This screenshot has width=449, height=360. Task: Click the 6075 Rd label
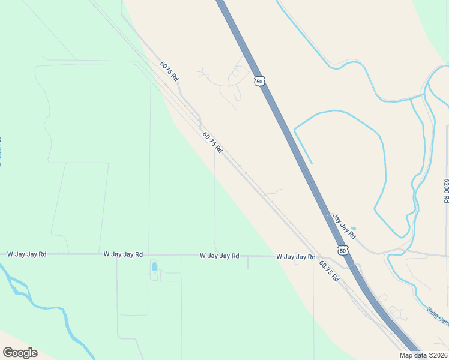[169, 71]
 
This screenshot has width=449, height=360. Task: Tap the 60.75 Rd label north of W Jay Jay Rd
[212, 143]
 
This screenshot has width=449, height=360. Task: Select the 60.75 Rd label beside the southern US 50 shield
[330, 272]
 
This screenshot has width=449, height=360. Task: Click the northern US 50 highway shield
[259, 81]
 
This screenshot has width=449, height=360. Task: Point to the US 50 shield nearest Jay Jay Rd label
[342, 250]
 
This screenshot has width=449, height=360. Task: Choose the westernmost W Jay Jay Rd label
[26, 254]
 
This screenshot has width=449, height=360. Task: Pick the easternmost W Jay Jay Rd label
[296, 257]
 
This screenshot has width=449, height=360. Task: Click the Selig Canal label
[438, 316]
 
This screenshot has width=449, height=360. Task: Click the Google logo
[20, 353]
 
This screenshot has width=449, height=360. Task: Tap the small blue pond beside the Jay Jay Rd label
[352, 229]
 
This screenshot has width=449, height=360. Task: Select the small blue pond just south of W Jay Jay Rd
[154, 266]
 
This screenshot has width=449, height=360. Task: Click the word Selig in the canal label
[434, 313]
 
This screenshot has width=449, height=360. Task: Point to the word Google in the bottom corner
[20, 353]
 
